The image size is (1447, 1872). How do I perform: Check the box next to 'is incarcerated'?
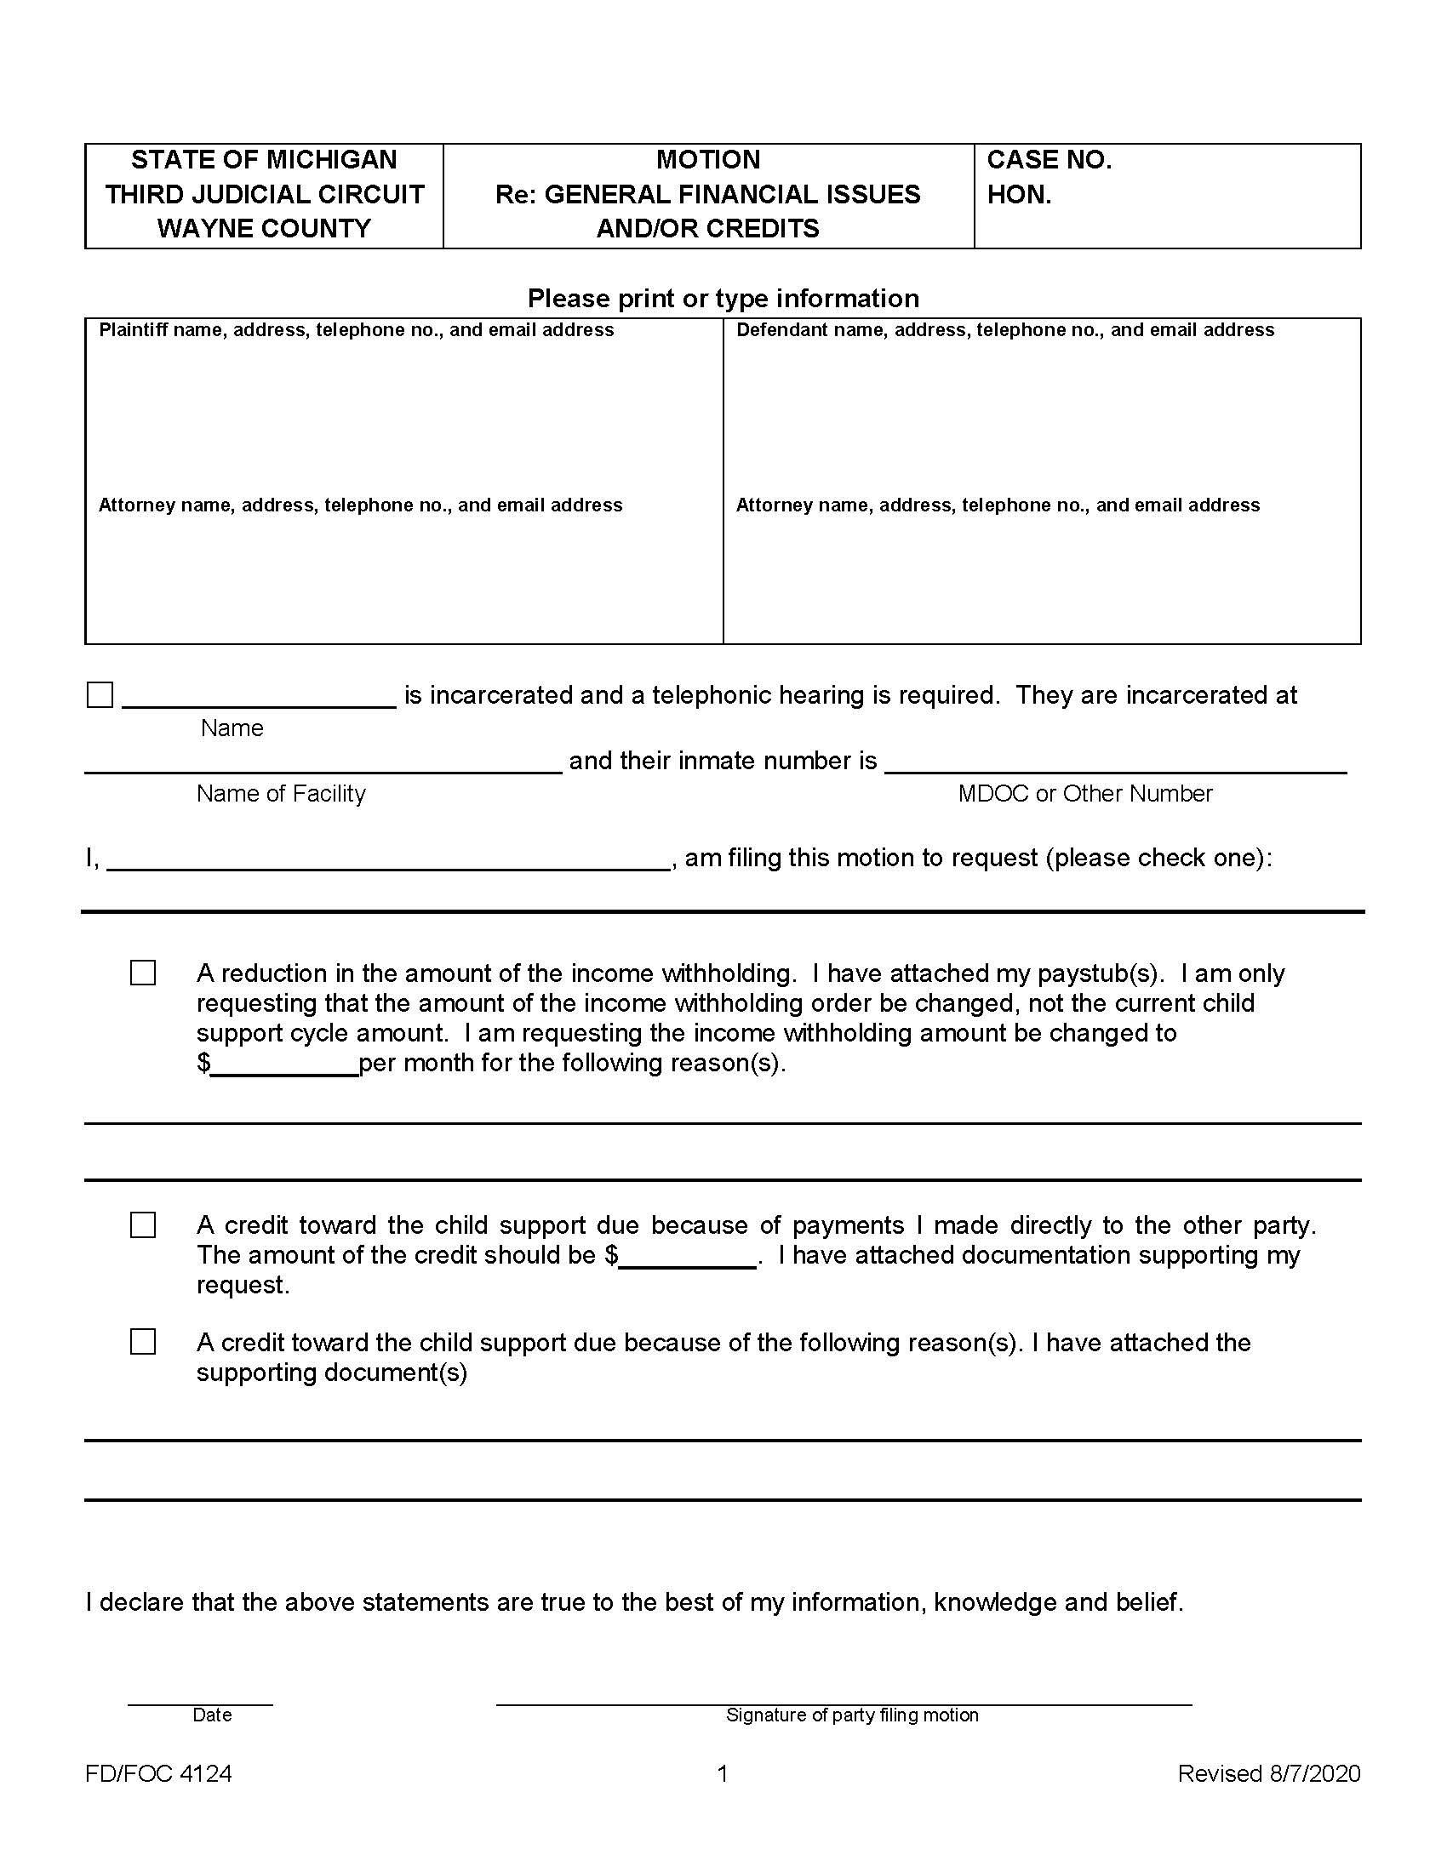[x=100, y=694]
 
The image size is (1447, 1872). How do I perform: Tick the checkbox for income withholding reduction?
[x=143, y=973]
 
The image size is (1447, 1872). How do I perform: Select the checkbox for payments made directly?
[x=143, y=1224]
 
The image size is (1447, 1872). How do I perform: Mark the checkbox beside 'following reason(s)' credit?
[x=143, y=1341]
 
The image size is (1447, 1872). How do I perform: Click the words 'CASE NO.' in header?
[x=1049, y=160]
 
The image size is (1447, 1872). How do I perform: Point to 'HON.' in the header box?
[x=1018, y=196]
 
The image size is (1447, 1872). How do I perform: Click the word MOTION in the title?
[x=708, y=160]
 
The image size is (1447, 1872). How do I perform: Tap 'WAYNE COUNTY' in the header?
[x=264, y=229]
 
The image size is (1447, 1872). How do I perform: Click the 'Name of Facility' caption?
[x=280, y=794]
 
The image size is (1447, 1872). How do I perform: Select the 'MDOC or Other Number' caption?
[x=1084, y=794]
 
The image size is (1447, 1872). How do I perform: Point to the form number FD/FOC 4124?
[x=158, y=1773]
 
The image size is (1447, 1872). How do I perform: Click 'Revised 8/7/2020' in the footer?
[x=1269, y=1773]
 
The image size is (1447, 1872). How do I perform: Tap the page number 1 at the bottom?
[x=723, y=1773]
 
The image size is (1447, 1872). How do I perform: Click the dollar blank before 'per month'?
[x=284, y=1066]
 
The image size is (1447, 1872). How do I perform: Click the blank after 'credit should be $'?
[x=688, y=1258]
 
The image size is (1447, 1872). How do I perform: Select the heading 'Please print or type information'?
[x=723, y=299]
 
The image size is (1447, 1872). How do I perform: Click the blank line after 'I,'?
[x=387, y=860]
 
